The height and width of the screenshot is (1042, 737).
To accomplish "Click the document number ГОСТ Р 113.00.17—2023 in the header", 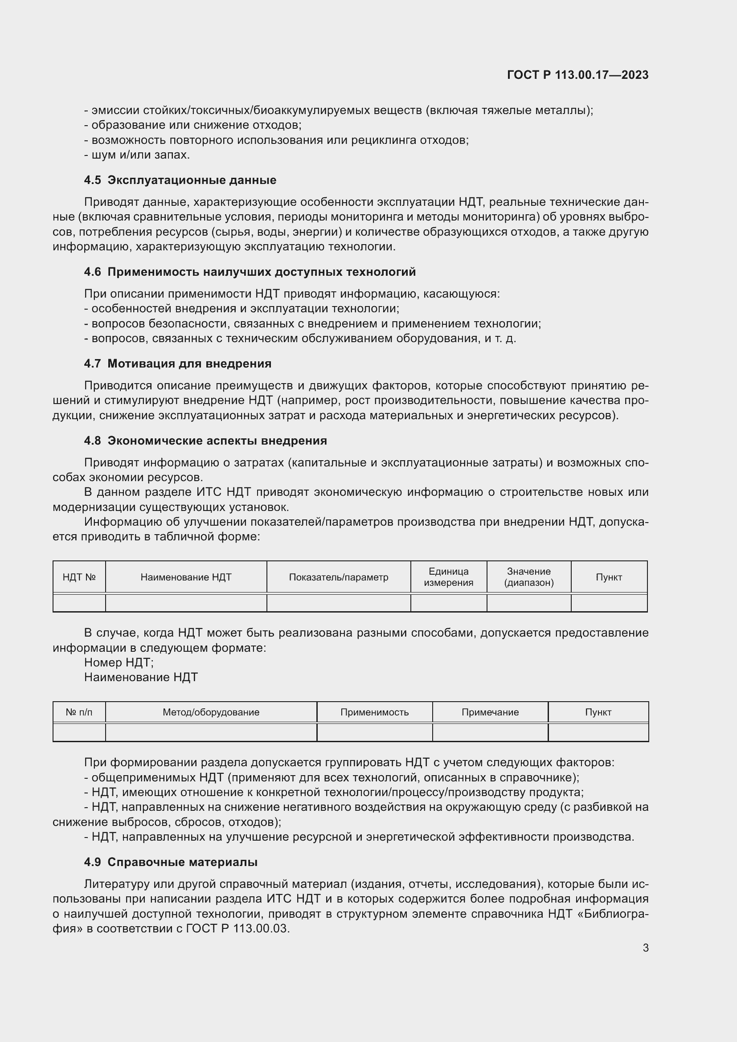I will pos(577,75).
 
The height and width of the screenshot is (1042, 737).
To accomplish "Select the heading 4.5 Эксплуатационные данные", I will pos(180,180).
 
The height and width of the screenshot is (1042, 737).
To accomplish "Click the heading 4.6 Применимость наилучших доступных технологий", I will pos(250,272).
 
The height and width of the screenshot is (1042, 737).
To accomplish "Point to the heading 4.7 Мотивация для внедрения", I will pos(178,364).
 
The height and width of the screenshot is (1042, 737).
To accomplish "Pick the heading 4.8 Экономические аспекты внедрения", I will pos(205,441).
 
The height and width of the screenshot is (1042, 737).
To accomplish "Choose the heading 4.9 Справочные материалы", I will pos(171,862).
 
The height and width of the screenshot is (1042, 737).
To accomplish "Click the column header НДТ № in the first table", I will pos(79,577).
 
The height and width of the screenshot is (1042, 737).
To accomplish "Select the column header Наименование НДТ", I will pos(186,577).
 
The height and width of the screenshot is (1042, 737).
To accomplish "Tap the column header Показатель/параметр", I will pos(339,577).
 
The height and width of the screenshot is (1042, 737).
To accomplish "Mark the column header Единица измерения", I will pos(448,577).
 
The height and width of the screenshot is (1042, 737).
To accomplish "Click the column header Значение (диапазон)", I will pos(529,577).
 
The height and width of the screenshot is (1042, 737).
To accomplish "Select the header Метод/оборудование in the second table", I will pos(211,712).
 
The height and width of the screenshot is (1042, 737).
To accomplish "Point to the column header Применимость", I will pos(374,712).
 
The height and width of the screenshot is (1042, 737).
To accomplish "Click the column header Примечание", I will pos(490,712).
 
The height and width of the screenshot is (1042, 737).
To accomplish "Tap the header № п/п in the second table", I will pos(79,712).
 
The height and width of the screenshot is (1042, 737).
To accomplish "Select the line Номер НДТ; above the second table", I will pos(119,662).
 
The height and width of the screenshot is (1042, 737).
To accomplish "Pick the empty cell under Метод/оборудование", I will pos(211,732).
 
